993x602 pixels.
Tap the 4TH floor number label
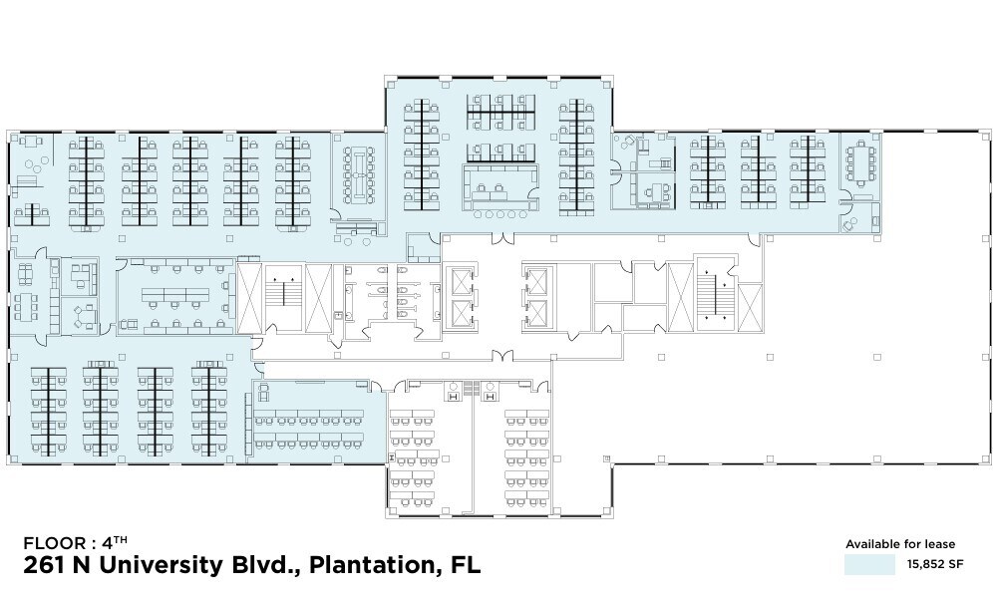click(x=113, y=543)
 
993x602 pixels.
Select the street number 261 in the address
click(x=44, y=566)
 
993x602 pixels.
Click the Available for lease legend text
click(x=900, y=544)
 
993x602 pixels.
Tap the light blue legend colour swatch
click(x=868, y=565)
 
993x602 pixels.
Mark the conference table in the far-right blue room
click(x=860, y=165)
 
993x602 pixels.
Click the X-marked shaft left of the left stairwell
click(x=249, y=297)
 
